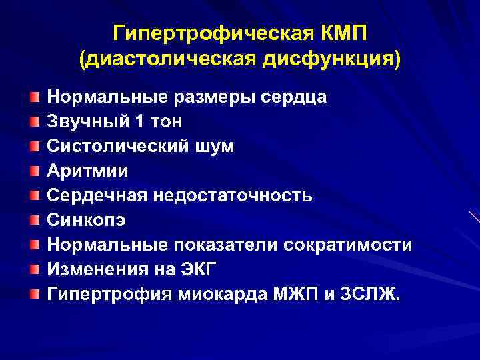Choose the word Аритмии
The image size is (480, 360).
pyautogui.click(x=87, y=171)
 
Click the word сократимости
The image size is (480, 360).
pyautogui.click(x=348, y=244)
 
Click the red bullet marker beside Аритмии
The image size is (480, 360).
pyautogui.click(x=33, y=171)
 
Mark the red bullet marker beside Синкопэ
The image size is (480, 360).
pyautogui.click(x=33, y=219)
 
